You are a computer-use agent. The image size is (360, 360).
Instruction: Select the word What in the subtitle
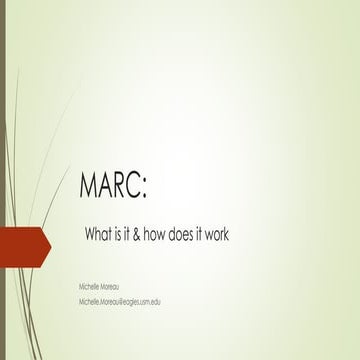pyautogui.click(x=100, y=234)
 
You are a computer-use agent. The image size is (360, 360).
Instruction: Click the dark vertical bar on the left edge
pyautogui.click(x=3, y=180)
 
